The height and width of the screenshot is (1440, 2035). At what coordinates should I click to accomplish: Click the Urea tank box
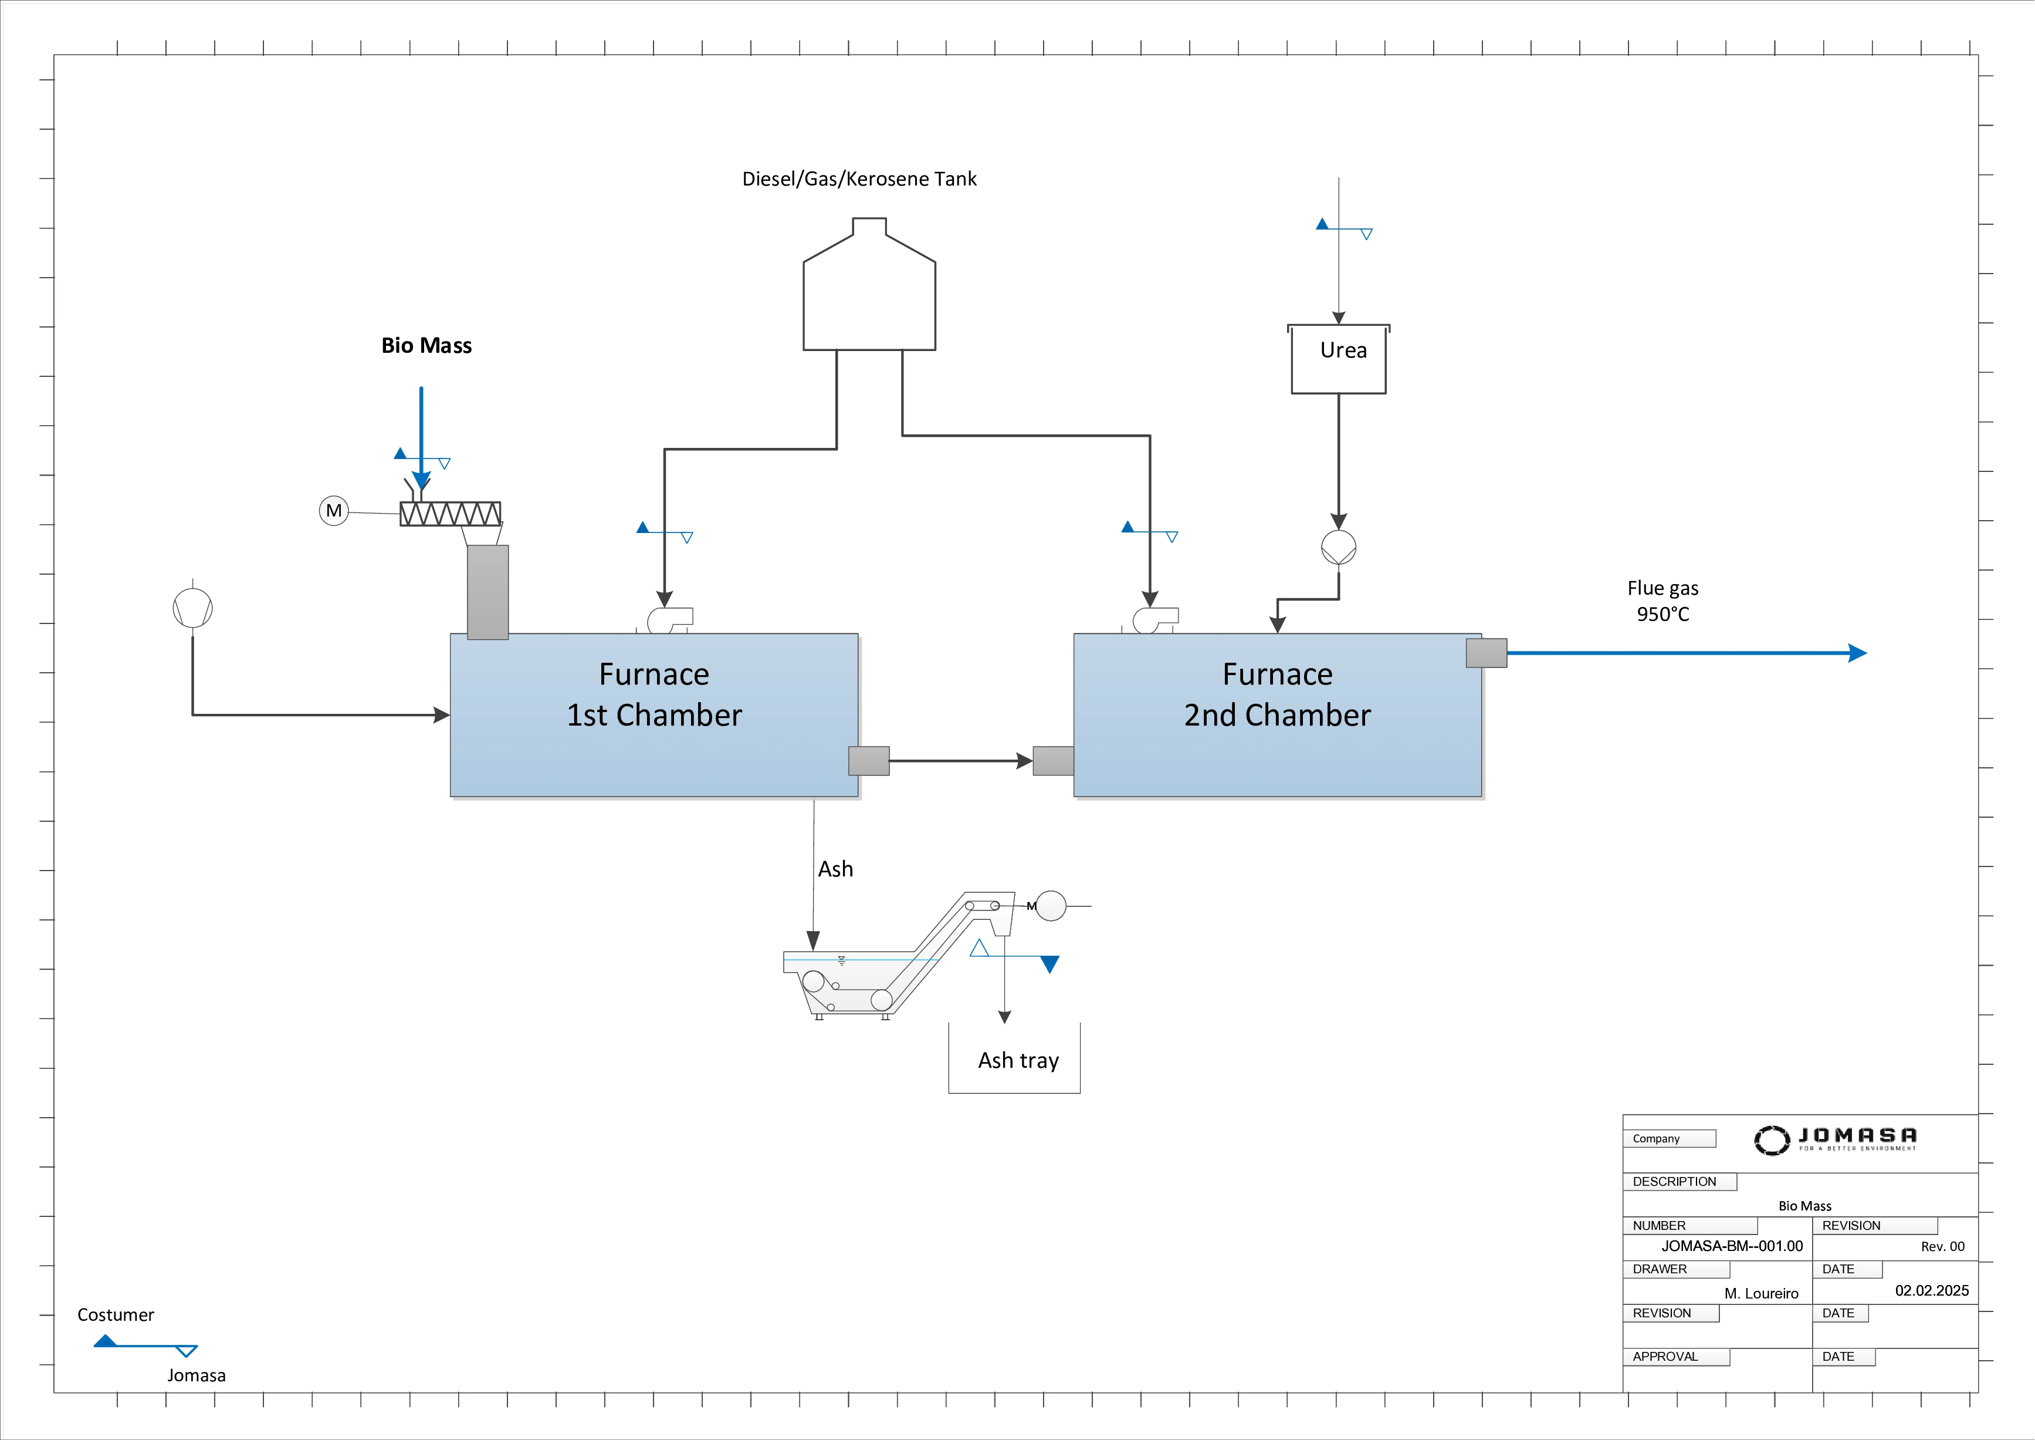tap(1338, 359)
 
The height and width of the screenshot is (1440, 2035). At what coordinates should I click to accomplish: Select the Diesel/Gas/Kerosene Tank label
tap(859, 179)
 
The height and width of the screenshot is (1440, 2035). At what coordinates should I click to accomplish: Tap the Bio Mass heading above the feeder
tap(426, 346)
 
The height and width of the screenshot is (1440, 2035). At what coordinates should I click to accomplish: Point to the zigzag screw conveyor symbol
tap(451, 514)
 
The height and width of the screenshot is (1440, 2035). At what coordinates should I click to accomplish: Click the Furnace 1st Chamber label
tap(654, 694)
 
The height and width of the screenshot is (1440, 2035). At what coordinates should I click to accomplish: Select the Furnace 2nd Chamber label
tap(1277, 694)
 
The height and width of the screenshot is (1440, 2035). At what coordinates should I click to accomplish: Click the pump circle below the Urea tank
tap(1338, 547)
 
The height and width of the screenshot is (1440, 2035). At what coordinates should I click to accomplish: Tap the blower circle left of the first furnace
tap(192, 608)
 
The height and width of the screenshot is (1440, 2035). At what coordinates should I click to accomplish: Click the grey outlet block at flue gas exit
tap(1487, 653)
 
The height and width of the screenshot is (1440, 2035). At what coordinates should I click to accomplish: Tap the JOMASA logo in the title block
tap(1835, 1139)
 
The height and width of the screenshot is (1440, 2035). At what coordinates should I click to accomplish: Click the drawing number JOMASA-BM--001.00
tap(1731, 1246)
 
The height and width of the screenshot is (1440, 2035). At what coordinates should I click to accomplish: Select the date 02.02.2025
tap(1931, 1290)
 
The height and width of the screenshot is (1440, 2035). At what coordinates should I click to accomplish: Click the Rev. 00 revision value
tap(1942, 1247)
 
